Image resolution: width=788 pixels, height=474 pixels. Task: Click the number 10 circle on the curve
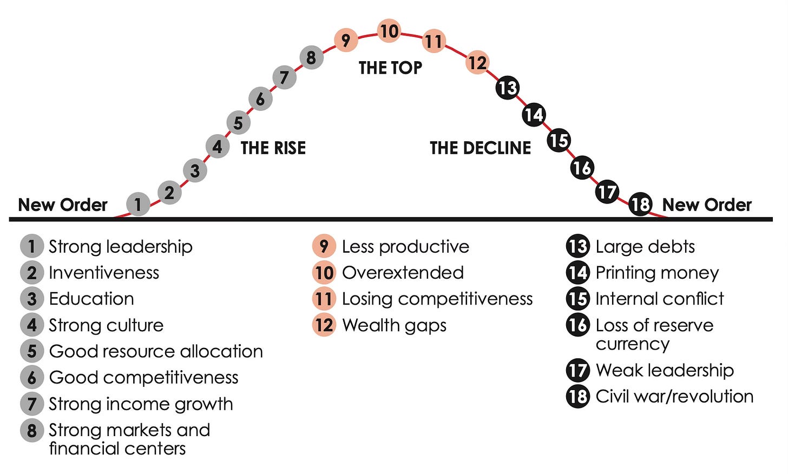[389, 31]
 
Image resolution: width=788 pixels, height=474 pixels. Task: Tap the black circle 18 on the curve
[640, 204]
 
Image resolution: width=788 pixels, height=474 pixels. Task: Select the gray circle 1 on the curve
[138, 204]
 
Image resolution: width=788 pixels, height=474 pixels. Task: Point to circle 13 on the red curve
[508, 88]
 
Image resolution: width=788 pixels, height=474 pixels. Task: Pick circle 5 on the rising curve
[238, 123]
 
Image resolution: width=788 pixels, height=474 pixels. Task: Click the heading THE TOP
[390, 68]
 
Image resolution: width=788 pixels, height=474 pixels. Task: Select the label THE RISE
[273, 148]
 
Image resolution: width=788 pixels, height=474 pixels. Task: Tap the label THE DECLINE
[480, 148]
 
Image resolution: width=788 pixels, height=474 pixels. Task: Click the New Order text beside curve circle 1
[63, 205]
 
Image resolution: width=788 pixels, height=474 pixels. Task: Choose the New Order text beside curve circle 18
[707, 205]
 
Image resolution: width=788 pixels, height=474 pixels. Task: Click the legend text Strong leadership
[121, 247]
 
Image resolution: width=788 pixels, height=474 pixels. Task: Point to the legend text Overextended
[403, 273]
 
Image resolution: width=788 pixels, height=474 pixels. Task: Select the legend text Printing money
[657, 273]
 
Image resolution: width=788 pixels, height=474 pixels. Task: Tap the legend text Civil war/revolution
[674, 397]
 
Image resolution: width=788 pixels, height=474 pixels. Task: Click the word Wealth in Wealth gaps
[366, 325]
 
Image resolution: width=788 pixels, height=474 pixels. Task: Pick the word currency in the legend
[633, 344]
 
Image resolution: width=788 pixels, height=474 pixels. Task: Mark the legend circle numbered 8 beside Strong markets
[32, 431]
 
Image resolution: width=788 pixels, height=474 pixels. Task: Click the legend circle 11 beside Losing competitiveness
[324, 299]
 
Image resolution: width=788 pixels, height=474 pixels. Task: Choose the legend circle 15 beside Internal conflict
[578, 299]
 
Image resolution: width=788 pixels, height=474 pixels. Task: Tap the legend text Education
[91, 299]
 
